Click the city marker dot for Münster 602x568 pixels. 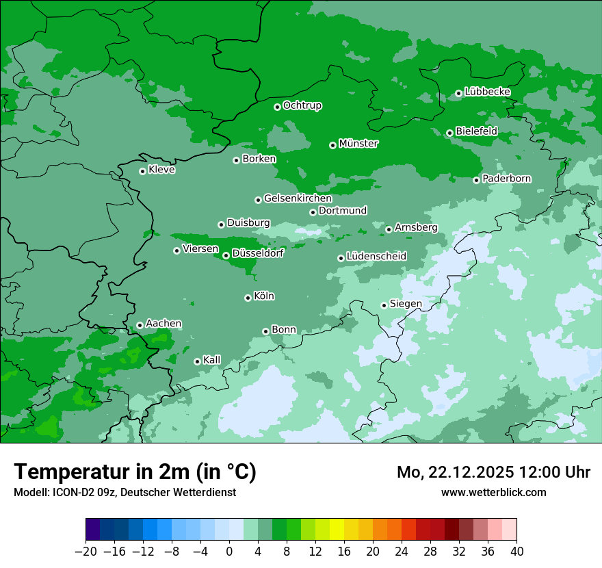[332, 145]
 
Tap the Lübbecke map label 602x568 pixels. [487, 92]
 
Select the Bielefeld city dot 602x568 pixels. [449, 133]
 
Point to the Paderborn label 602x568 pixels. [506, 179]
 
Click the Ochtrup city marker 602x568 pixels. [277, 107]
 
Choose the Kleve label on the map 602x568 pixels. [161, 170]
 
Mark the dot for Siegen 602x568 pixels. [384, 305]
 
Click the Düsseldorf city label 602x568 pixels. [257, 253]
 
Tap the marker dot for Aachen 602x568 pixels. [140, 325]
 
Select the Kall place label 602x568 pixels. [212, 360]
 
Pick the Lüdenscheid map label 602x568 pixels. [376, 257]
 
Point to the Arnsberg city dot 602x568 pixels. [389, 229]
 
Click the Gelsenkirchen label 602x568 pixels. [298, 198]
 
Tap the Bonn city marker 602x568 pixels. [265, 331]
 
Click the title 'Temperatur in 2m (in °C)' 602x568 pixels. [135, 472]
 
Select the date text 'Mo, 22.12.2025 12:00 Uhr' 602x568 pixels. [493, 472]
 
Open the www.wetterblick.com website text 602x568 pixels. [493, 492]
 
